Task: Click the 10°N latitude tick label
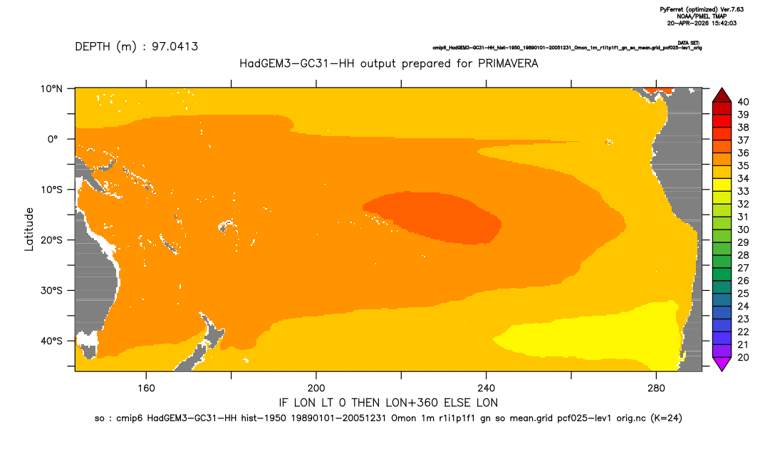coord(51,88)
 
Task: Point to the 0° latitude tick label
coord(53,139)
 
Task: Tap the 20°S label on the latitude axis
coord(51,240)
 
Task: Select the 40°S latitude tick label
coord(51,341)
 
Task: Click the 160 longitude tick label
coord(146,388)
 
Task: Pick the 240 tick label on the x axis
coord(486,388)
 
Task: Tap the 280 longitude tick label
coord(656,388)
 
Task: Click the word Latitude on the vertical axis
coord(29,229)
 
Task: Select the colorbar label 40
coord(743,102)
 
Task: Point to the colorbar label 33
coord(743,192)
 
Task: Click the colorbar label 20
coord(743,357)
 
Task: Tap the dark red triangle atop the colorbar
coord(722,96)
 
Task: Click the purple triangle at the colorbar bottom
coord(722,363)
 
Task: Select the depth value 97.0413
coord(175,47)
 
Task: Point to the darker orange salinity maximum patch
coord(434,217)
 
